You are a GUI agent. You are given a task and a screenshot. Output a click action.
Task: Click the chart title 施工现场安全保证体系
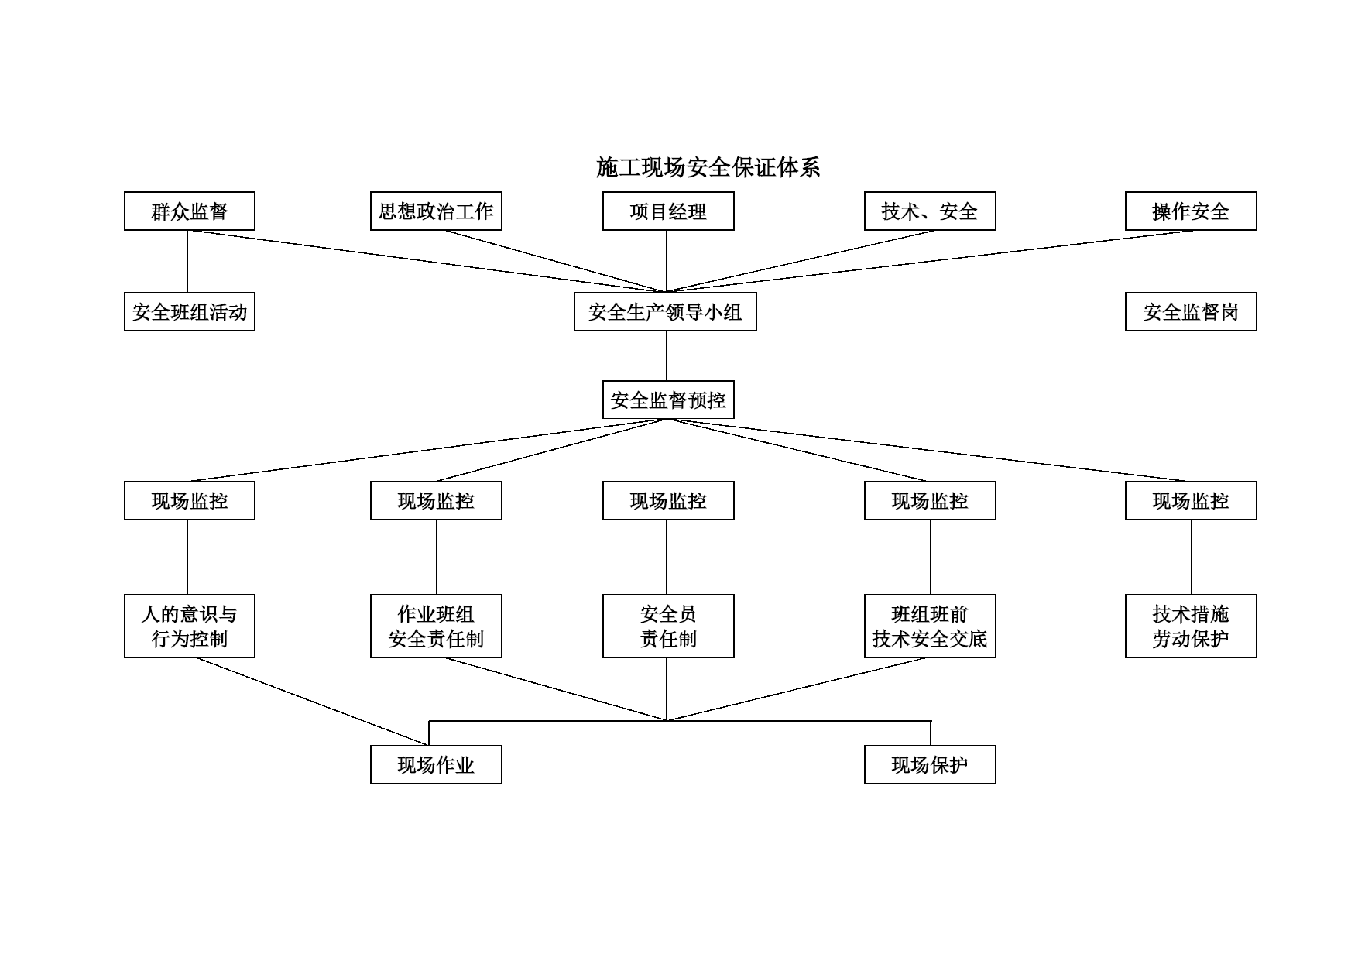708,167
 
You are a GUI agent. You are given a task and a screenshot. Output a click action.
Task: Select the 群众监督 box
190,211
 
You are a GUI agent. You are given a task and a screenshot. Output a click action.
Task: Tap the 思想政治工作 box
436,211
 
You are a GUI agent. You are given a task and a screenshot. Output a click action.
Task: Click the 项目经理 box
668,211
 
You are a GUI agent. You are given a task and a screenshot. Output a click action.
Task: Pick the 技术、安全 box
930,211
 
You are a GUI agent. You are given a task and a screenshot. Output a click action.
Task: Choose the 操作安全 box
1191,211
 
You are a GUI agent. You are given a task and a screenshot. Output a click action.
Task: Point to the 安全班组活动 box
190,312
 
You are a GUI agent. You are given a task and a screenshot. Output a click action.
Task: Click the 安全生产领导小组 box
665,312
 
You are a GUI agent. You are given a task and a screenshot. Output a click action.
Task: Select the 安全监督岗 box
1191,312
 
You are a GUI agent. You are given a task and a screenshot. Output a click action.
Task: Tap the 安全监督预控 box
668,400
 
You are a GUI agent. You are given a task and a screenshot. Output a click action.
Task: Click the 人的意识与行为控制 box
190,626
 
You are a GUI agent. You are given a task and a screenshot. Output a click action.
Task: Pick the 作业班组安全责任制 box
436,626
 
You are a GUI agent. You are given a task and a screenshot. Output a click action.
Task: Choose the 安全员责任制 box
668,626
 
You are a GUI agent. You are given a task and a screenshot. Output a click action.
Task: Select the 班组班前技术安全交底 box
930,626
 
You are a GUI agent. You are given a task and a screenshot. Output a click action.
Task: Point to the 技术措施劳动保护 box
1191,626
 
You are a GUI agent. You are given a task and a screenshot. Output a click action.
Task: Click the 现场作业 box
436,765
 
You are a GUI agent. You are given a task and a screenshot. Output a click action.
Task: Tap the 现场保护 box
930,765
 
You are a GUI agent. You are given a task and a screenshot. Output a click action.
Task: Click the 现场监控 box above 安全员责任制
668,501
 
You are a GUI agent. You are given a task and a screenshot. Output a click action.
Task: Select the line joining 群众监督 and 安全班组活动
187,262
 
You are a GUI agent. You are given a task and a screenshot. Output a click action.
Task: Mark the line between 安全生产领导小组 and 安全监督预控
667,356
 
